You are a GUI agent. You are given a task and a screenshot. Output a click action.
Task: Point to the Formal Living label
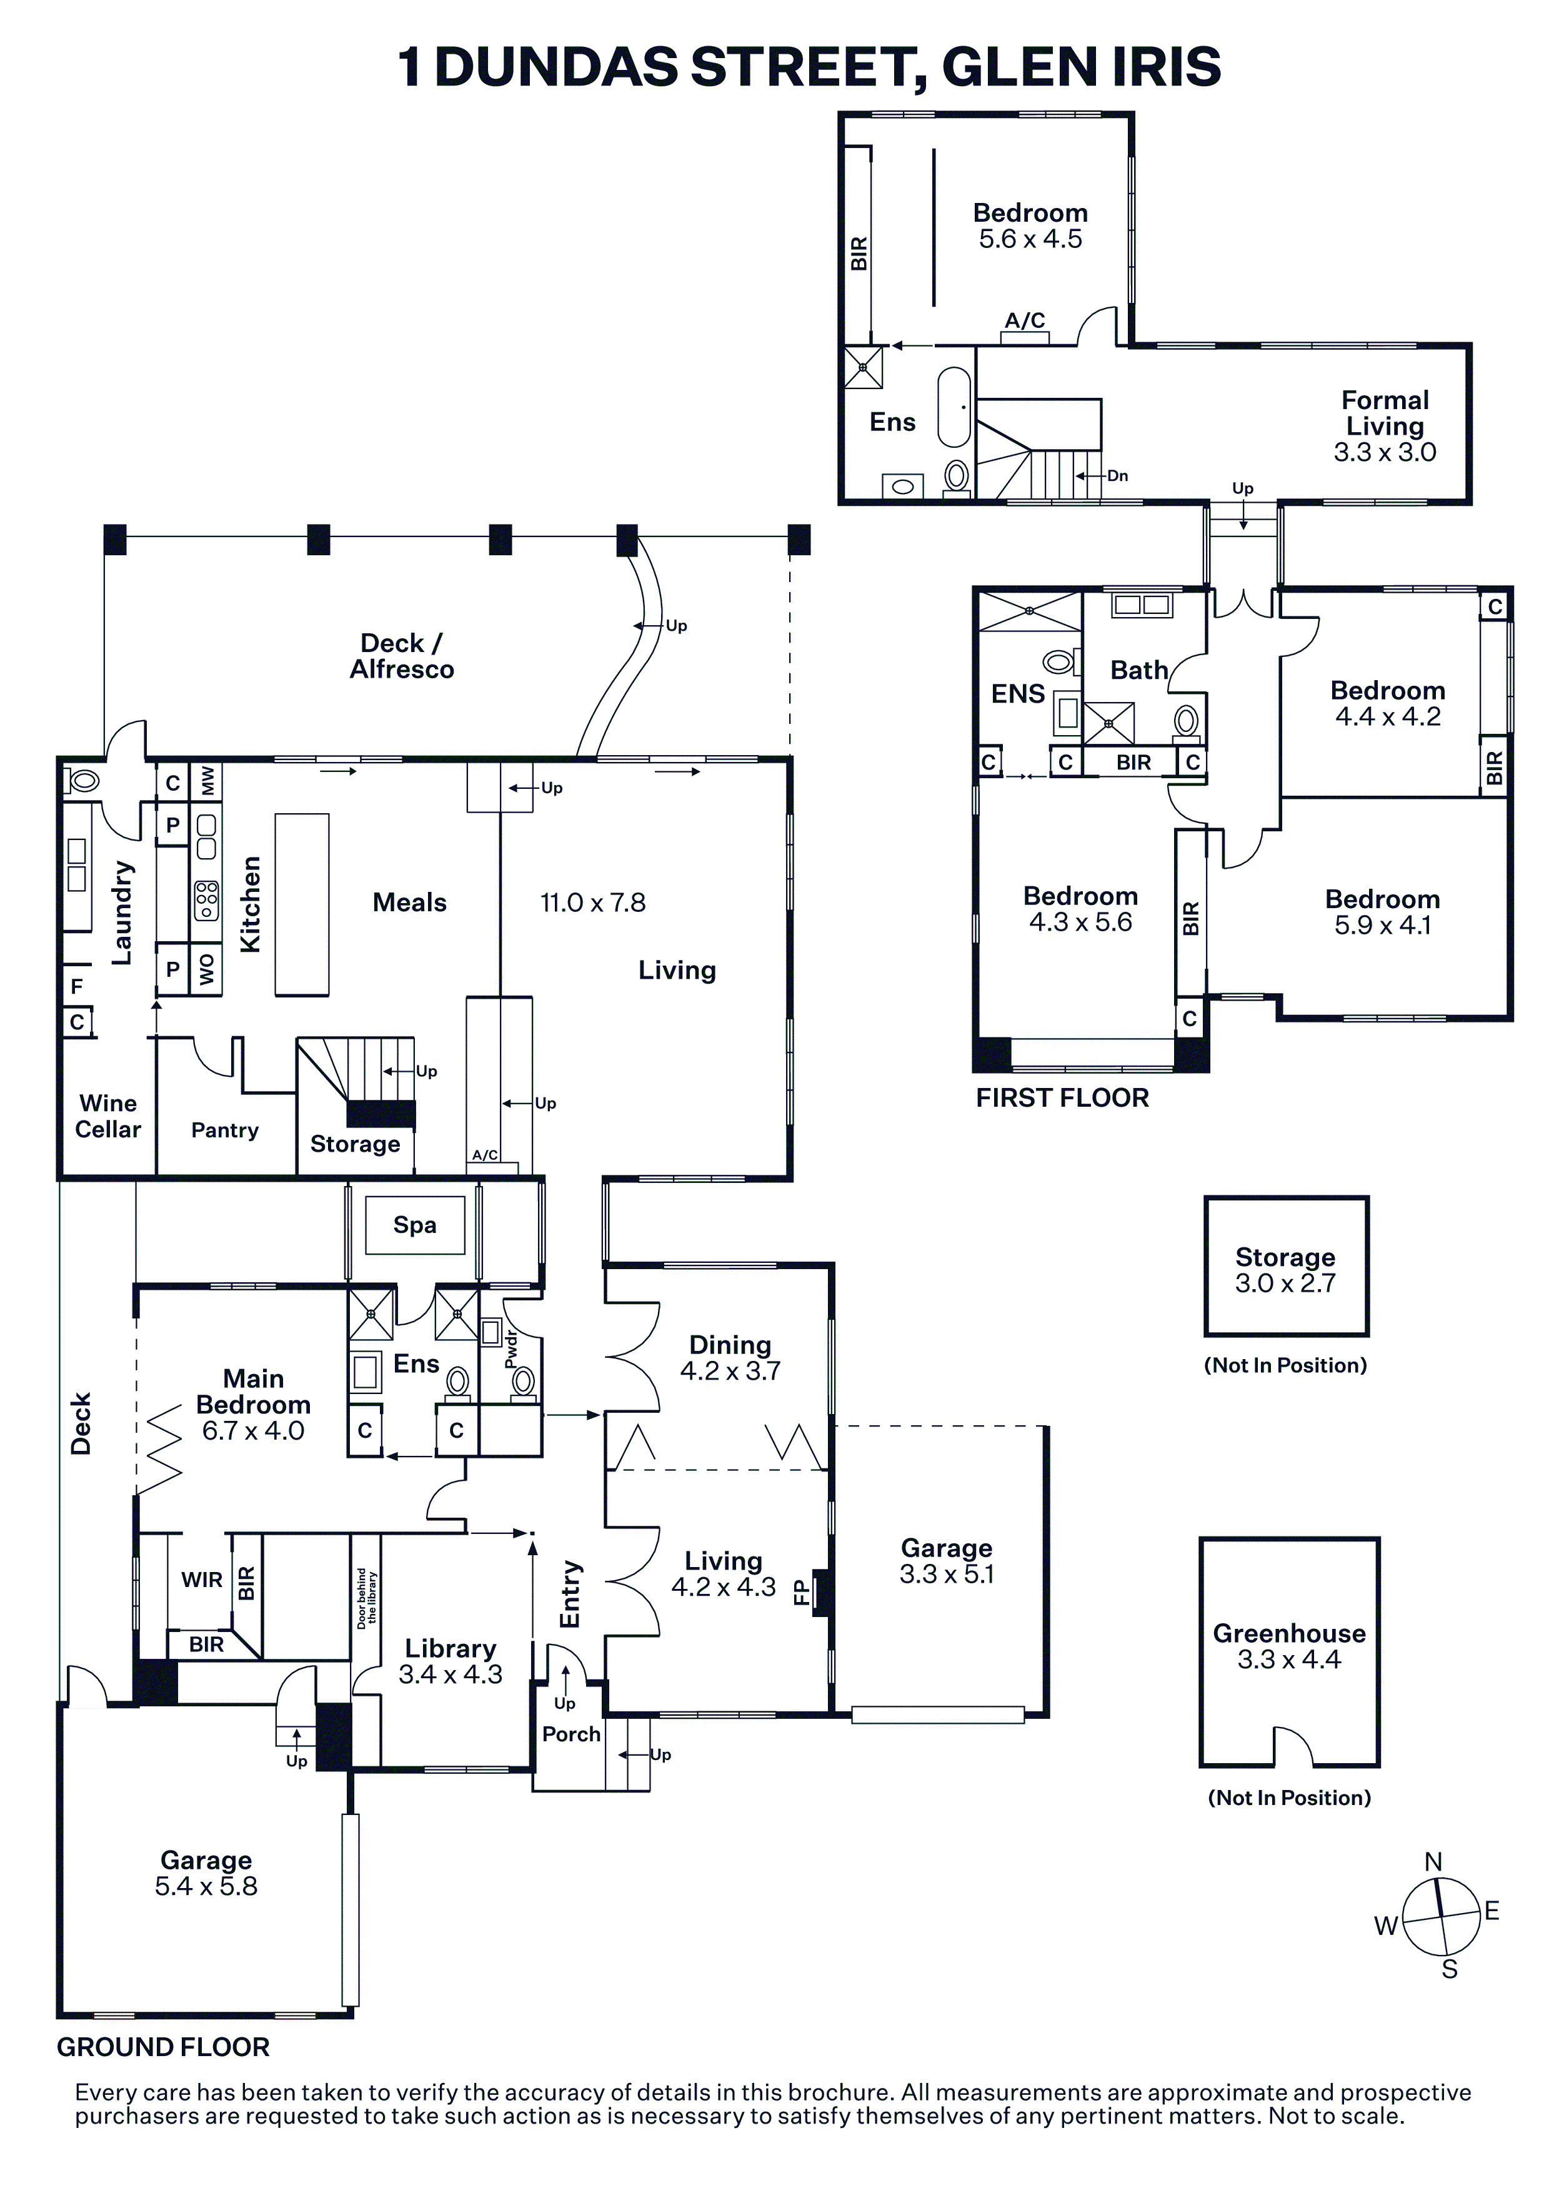click(1385, 413)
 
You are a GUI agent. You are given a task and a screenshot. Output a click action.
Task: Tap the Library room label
click(451, 1648)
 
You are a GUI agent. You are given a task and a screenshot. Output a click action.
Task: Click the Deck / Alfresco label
click(402, 656)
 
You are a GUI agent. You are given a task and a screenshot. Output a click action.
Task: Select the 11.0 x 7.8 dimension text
click(593, 902)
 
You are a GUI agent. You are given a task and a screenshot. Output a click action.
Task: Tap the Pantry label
click(224, 1131)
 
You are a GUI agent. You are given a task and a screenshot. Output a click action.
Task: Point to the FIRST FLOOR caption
click(1062, 1097)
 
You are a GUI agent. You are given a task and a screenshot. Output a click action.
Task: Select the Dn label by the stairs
click(1118, 475)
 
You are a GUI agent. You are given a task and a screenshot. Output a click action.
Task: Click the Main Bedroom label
click(254, 1392)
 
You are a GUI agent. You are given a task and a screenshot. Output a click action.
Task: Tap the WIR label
click(202, 1580)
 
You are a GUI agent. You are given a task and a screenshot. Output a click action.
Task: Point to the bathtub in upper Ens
click(954, 407)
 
